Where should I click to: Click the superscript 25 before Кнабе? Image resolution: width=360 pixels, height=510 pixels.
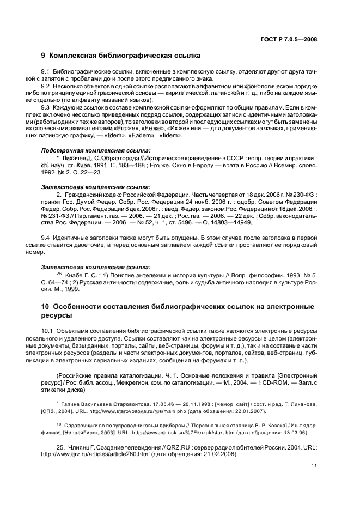point(59,275)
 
